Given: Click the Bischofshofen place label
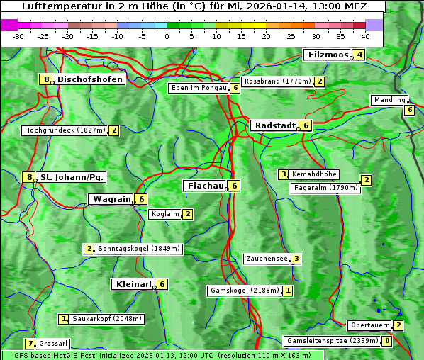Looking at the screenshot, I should (90, 79).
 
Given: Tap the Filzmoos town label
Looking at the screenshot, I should (327, 55).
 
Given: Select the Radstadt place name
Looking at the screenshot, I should (274, 125).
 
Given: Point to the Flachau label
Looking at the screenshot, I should (204, 186).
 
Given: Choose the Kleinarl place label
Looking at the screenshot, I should (133, 284).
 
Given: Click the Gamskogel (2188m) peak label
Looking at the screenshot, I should (245, 291).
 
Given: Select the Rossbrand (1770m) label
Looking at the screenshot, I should (277, 81).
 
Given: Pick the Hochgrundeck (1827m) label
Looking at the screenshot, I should (65, 130).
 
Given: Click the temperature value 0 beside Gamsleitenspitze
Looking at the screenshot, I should (386, 341).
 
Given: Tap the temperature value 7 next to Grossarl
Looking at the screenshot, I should (30, 344).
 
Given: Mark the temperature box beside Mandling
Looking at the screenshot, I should (409, 109).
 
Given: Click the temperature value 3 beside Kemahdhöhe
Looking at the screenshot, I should (283, 174).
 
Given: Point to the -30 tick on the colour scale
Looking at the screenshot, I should (18, 35).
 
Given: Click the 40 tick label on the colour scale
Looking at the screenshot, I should (365, 35).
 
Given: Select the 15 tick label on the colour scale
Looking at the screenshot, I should (241, 35).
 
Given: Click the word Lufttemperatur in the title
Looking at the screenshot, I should (56, 6).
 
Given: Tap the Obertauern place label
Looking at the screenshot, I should (370, 325).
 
